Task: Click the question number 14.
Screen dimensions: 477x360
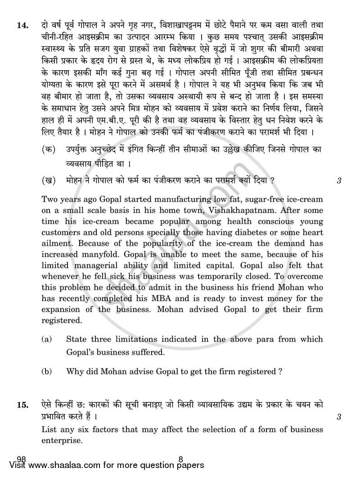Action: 23,26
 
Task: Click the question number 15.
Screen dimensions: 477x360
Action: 23,406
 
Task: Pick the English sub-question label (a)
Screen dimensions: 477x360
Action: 46,340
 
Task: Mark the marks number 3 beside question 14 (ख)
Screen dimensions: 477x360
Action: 338,181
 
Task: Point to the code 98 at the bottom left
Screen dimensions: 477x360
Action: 21,459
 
